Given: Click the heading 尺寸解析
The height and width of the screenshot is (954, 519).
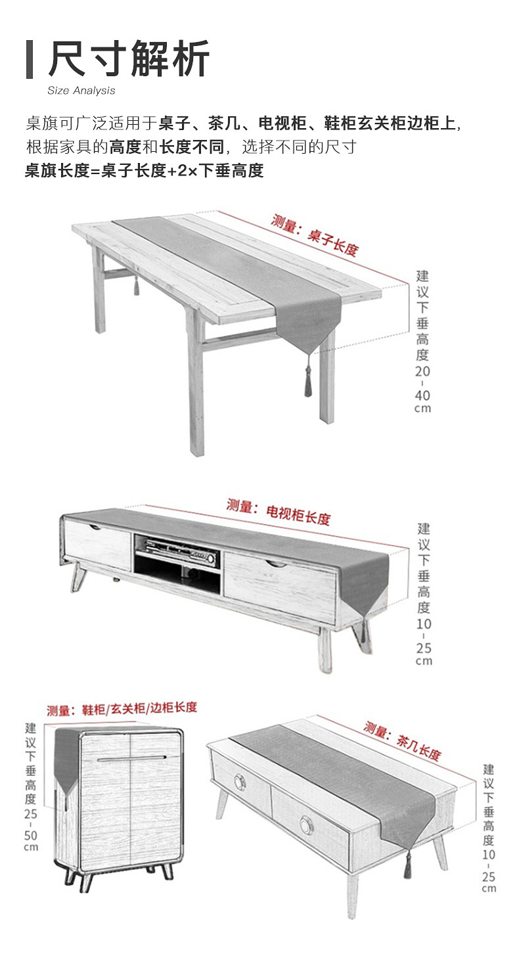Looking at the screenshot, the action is pyautogui.click(x=129, y=59).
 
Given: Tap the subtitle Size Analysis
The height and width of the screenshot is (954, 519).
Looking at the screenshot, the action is pyautogui.click(x=81, y=91).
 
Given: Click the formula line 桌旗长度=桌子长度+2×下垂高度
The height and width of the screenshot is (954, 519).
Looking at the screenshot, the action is pyautogui.click(x=144, y=171).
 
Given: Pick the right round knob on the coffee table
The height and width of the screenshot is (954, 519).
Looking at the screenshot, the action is pyautogui.click(x=306, y=824).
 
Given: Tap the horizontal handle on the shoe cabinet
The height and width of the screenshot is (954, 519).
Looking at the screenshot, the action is pyautogui.click(x=131, y=759).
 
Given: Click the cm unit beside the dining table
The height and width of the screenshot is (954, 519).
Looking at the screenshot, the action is pyautogui.click(x=422, y=408).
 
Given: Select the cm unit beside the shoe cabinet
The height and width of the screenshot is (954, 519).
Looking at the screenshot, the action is pyautogui.click(x=31, y=848).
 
